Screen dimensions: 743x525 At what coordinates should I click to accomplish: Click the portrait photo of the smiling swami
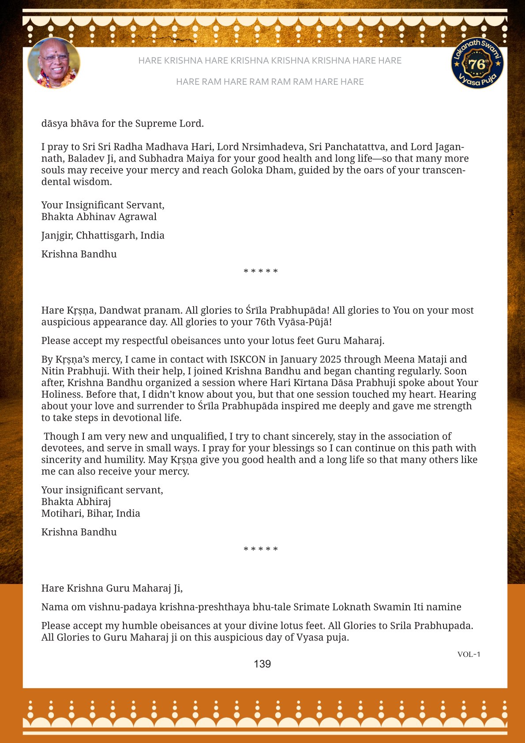pos(54,63)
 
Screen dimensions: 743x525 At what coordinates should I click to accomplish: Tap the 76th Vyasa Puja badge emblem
pos(477,64)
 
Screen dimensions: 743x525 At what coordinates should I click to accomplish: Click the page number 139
pos(262,664)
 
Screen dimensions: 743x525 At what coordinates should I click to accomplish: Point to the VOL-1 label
pos(469,654)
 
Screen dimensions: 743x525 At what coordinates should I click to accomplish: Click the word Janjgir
pos(57,236)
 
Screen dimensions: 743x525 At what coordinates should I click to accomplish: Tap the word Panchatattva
pos(354,147)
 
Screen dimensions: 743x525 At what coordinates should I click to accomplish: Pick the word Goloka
pos(247,170)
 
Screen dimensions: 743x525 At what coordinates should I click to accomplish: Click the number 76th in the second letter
pos(265,322)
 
